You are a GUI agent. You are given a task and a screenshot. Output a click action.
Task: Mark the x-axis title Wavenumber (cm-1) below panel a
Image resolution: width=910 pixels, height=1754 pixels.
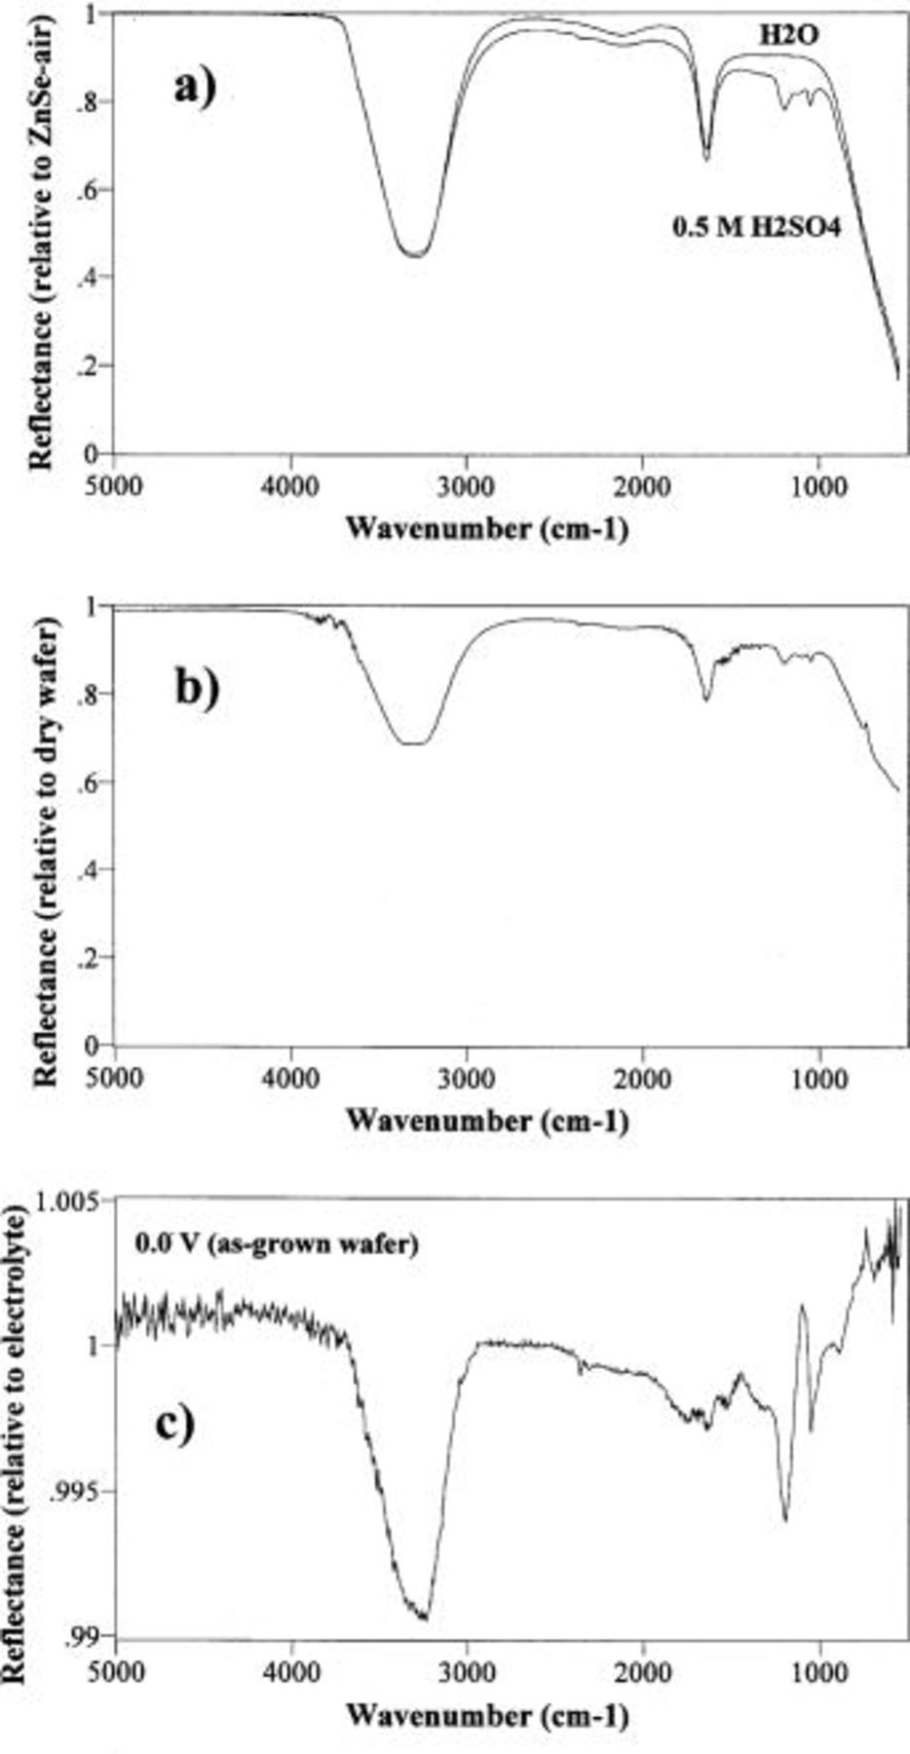(x=487, y=528)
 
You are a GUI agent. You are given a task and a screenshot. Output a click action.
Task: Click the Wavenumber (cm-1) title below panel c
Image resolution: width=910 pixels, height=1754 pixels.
(x=487, y=1713)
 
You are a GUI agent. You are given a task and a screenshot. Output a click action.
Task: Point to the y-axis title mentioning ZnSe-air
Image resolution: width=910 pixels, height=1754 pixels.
(x=42, y=234)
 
